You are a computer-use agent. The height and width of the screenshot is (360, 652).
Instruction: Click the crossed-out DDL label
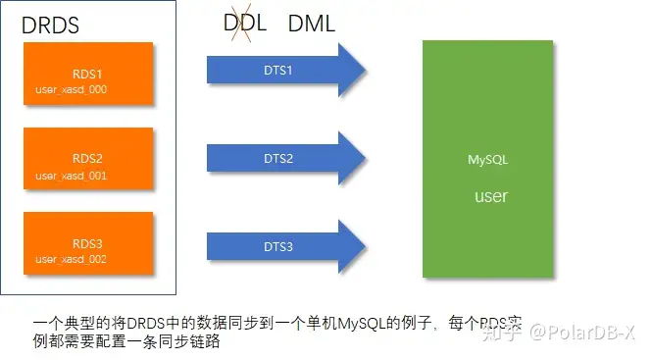(245, 23)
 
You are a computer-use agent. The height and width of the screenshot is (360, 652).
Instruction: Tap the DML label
(312, 23)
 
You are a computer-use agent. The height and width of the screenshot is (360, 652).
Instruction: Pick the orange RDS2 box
(88, 158)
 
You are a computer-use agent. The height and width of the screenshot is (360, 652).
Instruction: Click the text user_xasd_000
(71, 89)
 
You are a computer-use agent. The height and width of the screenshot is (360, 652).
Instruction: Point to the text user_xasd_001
(71, 176)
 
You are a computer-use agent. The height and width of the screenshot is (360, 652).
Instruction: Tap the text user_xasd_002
(71, 259)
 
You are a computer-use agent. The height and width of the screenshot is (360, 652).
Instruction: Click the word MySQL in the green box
(488, 158)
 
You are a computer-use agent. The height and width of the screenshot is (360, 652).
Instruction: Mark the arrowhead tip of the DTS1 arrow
(365, 69)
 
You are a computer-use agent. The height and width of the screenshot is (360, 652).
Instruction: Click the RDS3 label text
(87, 240)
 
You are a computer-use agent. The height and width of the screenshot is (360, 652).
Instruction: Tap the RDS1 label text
(87, 73)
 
